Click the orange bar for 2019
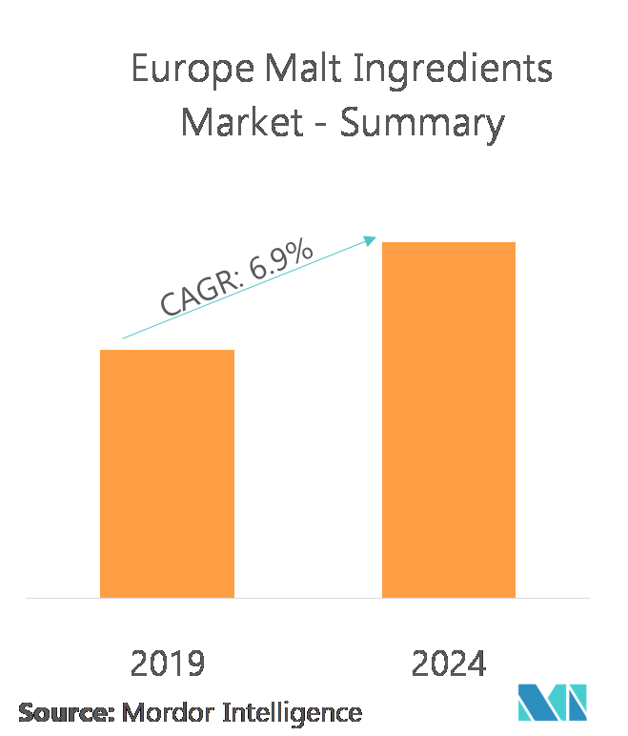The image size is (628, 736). click(x=167, y=474)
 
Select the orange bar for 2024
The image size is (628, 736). click(x=449, y=419)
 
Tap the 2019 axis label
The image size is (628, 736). click(x=168, y=664)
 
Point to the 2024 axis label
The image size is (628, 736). click(x=449, y=664)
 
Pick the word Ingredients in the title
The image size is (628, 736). click(x=456, y=72)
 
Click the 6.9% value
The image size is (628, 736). click(x=280, y=257)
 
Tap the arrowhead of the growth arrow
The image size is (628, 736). click(x=372, y=239)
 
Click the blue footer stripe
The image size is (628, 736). click(x=257, y=693)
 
